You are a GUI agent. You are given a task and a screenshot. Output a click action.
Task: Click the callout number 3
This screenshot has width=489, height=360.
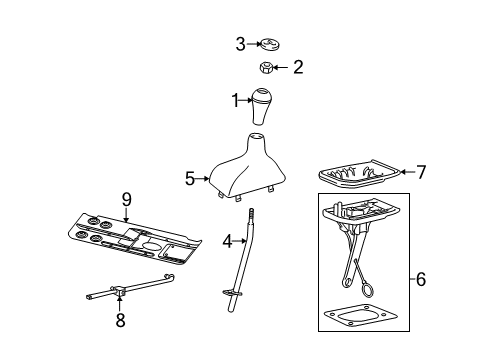(x=241, y=44)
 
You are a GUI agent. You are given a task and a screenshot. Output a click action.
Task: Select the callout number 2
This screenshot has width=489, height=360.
(x=298, y=67)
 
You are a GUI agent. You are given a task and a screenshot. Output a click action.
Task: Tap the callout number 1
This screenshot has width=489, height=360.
(x=236, y=100)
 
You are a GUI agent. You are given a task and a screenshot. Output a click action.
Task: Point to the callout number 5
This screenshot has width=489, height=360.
(x=190, y=179)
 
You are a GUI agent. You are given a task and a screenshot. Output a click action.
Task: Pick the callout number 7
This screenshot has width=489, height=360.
(x=421, y=172)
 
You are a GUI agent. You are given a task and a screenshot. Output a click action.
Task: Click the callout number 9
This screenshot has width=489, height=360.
(x=127, y=200)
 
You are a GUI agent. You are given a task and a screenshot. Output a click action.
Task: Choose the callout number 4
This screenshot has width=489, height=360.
(x=227, y=241)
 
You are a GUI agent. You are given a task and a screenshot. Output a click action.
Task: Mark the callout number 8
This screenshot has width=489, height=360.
(x=120, y=320)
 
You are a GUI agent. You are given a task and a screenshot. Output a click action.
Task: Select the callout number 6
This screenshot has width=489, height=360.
(x=421, y=279)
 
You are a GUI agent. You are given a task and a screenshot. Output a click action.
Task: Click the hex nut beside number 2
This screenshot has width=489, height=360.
(x=266, y=67)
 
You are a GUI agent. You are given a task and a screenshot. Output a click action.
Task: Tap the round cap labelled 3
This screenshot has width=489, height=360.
(x=270, y=45)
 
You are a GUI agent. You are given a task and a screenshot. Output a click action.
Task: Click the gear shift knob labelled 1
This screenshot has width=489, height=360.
(x=261, y=107)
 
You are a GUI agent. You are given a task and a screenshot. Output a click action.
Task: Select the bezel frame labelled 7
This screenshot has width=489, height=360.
(x=359, y=173)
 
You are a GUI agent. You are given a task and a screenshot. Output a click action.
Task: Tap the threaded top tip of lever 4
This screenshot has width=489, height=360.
(x=251, y=212)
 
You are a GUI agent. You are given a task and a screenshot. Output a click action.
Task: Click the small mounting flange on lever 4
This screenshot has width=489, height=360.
(x=232, y=293)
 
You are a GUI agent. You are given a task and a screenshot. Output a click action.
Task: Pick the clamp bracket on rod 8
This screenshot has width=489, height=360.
(x=119, y=291)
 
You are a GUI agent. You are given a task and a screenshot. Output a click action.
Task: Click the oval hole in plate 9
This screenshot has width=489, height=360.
(x=152, y=246)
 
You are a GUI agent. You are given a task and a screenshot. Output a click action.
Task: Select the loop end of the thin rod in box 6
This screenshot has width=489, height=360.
(x=368, y=288)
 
